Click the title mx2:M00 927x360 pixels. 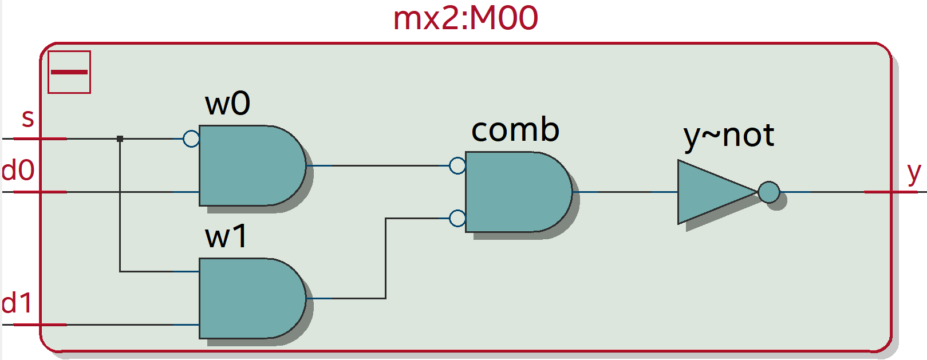pos(465,18)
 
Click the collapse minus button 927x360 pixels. pos(69,72)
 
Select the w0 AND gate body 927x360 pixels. pos(249,165)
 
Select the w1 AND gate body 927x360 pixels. pos(249,298)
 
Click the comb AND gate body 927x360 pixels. pos(515,192)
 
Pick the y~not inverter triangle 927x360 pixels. pos(713,192)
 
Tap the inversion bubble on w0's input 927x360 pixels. pos(191,139)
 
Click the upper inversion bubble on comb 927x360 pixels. pos(457,165)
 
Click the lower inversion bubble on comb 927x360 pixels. pos(457,218)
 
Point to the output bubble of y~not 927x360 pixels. pos(769,192)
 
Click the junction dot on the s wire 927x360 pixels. pos(120,139)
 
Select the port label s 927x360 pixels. pos(27,118)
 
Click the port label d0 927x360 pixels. pos(18,171)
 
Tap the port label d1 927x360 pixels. pos(17,303)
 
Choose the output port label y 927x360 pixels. pos(914,172)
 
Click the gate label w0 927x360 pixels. pos(227,104)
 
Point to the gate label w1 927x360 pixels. pos(226,236)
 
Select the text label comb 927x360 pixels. pos(515,130)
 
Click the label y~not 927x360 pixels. pos(728,136)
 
